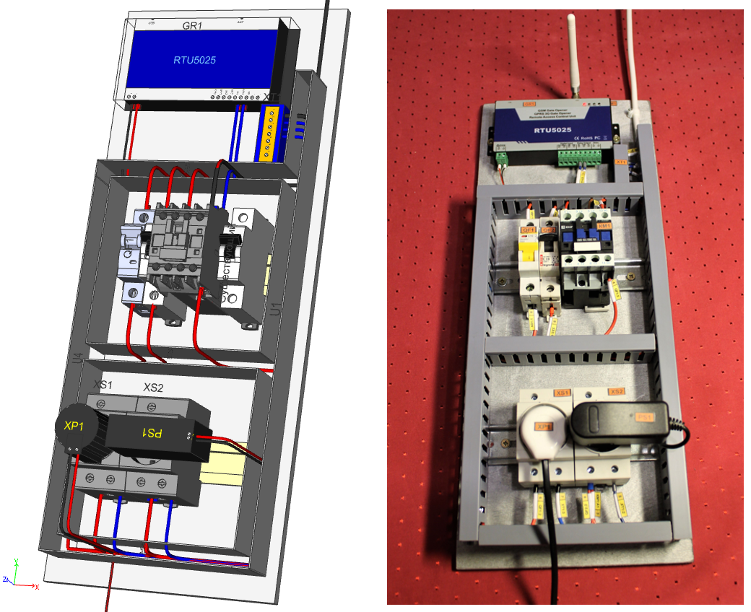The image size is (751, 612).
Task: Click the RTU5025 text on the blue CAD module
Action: [194, 60]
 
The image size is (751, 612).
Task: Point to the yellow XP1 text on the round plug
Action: [74, 426]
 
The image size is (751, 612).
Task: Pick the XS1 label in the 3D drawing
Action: [105, 386]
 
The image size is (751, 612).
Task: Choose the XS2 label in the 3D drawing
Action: [153, 388]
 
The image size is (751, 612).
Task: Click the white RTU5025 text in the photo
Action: [554, 131]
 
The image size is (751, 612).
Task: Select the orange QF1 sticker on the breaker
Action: [526, 229]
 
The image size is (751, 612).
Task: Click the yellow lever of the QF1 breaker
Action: [526, 252]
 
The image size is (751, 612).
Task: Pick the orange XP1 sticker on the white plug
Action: [542, 426]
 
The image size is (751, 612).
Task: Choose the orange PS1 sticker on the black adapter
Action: [643, 416]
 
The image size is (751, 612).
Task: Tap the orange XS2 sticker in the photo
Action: [615, 391]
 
